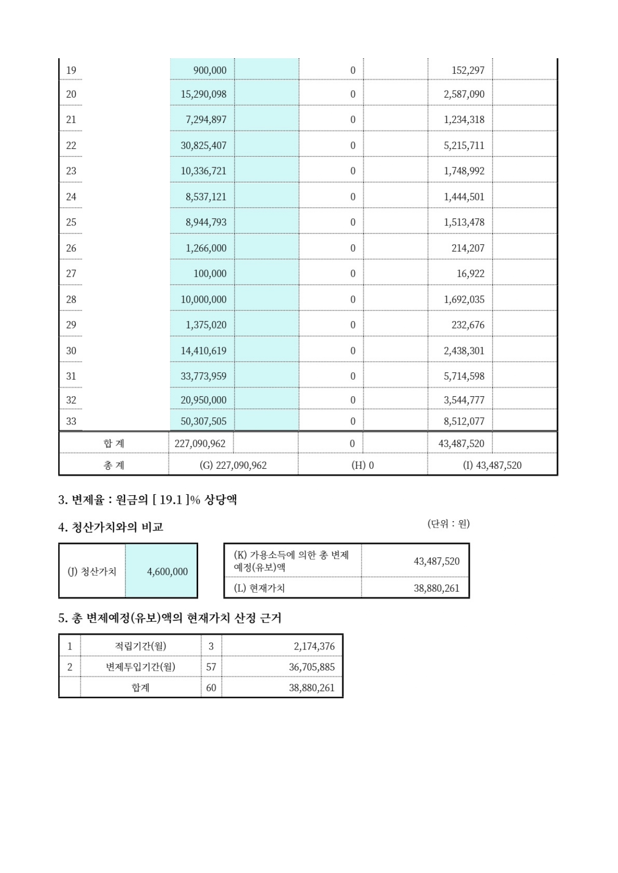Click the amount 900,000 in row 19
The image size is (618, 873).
pyautogui.click(x=210, y=70)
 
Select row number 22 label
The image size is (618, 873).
pyautogui.click(x=71, y=145)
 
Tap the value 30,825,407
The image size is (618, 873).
pyautogui.click(x=203, y=145)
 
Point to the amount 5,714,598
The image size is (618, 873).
pyautogui.click(x=464, y=376)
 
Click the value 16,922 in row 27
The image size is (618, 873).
pyautogui.click(x=470, y=273)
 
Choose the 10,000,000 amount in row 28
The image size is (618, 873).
pyautogui.click(x=203, y=299)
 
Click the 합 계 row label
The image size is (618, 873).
pyautogui.click(x=114, y=443)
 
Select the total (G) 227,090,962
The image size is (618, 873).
pyautogui.click(x=233, y=465)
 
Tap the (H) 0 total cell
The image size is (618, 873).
pyautogui.click(x=363, y=465)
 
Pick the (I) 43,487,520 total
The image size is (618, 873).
pyautogui.click(x=492, y=465)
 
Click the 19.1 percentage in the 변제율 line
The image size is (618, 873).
pyautogui.click(x=171, y=500)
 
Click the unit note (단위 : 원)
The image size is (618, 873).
pyautogui.click(x=448, y=524)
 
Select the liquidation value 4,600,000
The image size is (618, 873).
pyautogui.click(x=167, y=572)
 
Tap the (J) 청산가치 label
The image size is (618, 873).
pyautogui.click(x=92, y=571)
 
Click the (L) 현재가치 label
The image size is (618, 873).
pyautogui.click(x=259, y=588)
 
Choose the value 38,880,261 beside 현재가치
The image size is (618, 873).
pyautogui.click(x=436, y=588)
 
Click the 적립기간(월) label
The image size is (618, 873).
pyautogui.click(x=140, y=646)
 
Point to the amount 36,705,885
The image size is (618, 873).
pyautogui.click(x=312, y=667)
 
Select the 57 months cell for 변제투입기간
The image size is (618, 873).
pyautogui.click(x=211, y=667)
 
